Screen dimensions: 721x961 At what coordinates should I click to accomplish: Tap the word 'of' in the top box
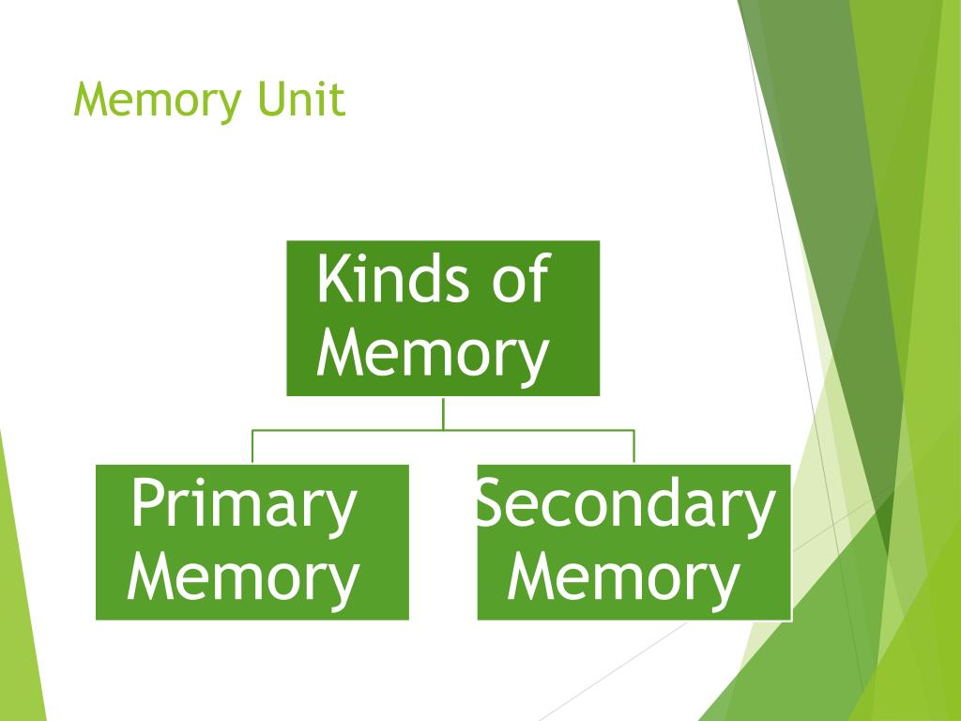(519, 279)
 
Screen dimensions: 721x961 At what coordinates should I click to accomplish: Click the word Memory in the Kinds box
(433, 354)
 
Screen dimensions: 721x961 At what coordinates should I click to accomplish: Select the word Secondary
(625, 505)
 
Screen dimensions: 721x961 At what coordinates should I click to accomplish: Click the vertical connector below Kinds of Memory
(443, 412)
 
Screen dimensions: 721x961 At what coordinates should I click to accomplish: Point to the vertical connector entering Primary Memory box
(252, 447)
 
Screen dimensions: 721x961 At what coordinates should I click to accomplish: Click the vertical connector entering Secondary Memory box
(633, 447)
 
